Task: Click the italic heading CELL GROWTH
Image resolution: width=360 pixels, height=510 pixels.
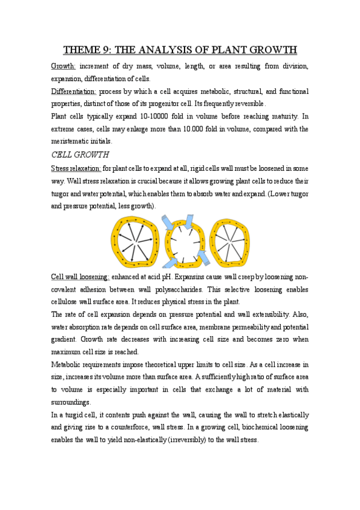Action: pyautogui.click(x=79, y=155)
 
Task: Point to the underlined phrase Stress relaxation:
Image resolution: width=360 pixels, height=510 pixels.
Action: pyautogui.click(x=76, y=168)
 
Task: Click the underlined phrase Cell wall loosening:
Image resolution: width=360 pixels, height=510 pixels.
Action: pyautogui.click(x=81, y=276)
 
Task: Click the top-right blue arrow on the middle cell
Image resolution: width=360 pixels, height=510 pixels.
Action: pyautogui.click(x=190, y=221)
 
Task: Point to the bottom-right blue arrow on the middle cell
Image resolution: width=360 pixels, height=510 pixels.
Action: pyautogui.click(x=203, y=257)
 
